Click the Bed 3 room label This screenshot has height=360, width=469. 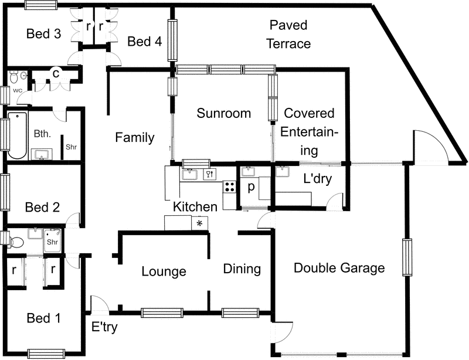tap(44, 34)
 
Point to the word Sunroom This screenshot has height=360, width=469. tap(223, 113)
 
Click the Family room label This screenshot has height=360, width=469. tap(134, 138)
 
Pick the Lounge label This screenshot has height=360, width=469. tap(164, 271)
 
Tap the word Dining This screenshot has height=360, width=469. tap(242, 269)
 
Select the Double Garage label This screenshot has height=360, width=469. tap(339, 268)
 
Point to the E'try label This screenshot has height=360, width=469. tap(105, 327)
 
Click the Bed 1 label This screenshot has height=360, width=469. tap(44, 318)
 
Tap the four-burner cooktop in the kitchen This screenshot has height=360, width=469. tap(229, 188)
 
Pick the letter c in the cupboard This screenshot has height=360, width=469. tap(56, 73)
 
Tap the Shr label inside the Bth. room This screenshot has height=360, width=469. tap(71, 147)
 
